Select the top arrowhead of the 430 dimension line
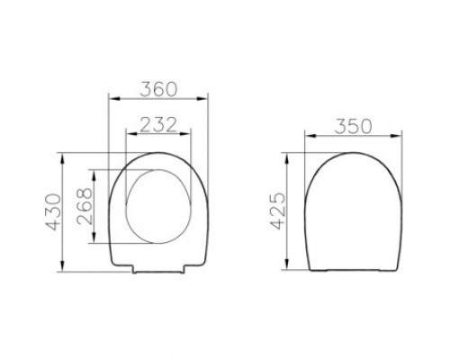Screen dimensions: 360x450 pyautogui.click(x=62, y=154)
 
